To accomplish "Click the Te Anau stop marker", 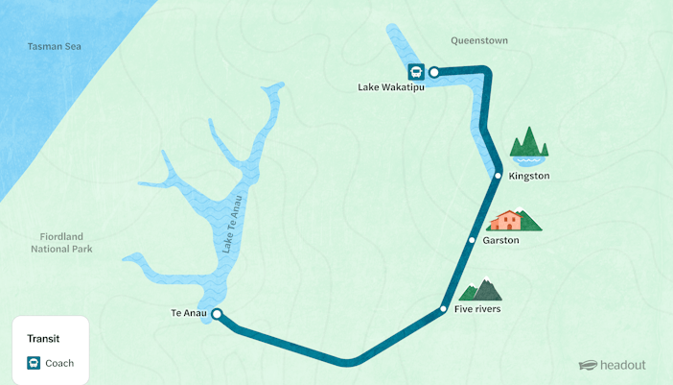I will tap(217, 314).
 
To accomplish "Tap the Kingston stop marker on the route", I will tap(498, 176).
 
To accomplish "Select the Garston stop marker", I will tap(472, 240).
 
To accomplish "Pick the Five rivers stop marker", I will tap(443, 309).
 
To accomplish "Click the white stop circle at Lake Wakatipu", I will tap(433, 71).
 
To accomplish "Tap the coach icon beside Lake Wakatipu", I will tap(416, 71).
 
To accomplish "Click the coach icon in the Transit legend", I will tap(34, 363).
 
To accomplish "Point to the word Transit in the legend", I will tap(44, 338).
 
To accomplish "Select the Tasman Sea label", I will tap(55, 46).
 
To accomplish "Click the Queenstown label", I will tap(479, 40).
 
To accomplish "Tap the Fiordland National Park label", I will tap(61, 242).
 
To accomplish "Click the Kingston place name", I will tap(529, 176).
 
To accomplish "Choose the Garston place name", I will tap(501, 240).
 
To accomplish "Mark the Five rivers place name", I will tap(477, 309).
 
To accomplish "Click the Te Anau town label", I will tap(189, 314).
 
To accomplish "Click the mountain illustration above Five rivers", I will tap(481, 289).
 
